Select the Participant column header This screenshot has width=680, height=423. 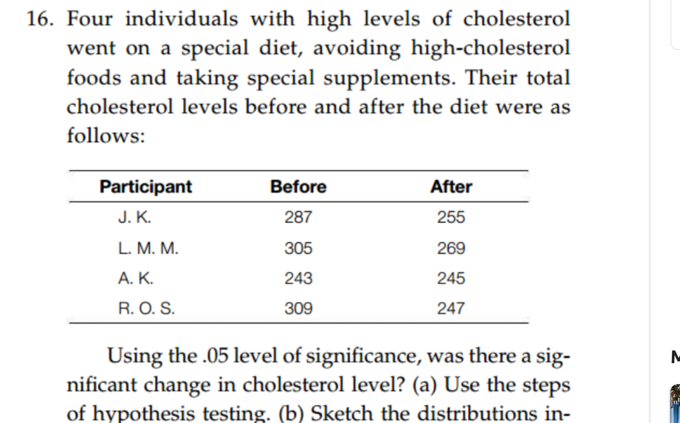pos(145,186)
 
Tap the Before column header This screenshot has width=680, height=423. pos(298,186)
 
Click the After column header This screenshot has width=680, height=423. pos(451,186)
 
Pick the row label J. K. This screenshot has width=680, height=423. pos(135,217)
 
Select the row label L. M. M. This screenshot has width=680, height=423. pos(148,248)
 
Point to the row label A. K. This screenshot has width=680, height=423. pos(136,278)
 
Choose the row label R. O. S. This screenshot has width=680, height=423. pos(146,308)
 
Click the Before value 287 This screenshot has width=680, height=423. pos(298,217)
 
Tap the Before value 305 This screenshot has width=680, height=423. pos(298,248)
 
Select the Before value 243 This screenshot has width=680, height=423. pos(298,278)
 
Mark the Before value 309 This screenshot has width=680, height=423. pos(298,308)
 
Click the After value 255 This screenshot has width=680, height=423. pos(451,217)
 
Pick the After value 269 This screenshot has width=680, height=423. pos(451,248)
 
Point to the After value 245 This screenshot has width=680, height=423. pos(451,278)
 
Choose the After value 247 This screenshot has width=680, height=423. pos(451,308)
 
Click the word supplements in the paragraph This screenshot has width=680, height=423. pos(389,78)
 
